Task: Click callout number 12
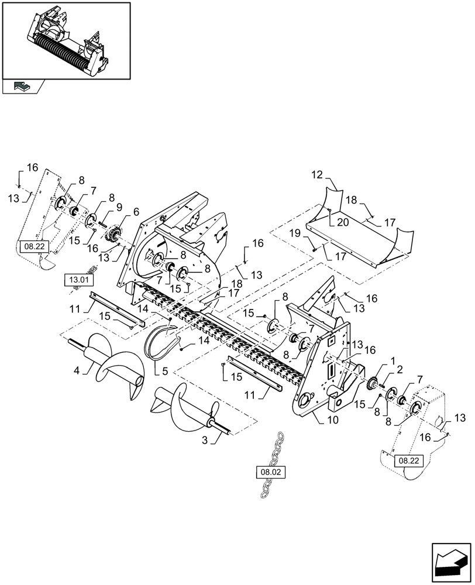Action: (316, 174)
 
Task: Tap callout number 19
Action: (296, 232)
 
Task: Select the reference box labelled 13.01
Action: (78, 280)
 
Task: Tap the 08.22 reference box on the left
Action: (30, 247)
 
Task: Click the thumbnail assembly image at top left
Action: (66, 39)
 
